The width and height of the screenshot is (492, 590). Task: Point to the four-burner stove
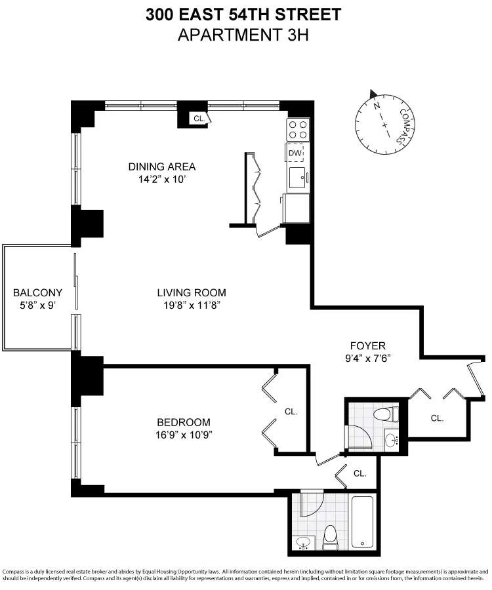(297, 128)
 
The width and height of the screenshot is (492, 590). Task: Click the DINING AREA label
(161, 166)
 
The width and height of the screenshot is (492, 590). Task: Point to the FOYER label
(367, 345)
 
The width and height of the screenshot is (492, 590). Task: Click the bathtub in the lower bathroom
(362, 522)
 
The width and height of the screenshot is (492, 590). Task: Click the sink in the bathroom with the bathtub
(303, 543)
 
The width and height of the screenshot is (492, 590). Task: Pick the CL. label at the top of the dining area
(198, 119)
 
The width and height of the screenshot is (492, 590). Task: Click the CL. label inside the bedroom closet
(291, 412)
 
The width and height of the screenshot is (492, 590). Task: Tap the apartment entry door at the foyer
(477, 380)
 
